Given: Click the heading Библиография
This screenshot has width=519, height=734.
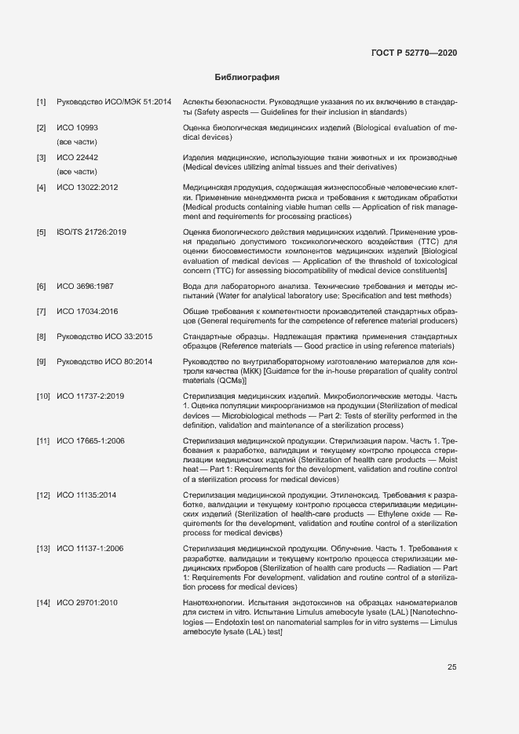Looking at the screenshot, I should (247, 78).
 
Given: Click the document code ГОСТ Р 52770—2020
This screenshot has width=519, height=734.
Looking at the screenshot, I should (414, 52).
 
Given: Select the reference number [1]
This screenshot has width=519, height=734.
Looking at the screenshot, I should (42, 103).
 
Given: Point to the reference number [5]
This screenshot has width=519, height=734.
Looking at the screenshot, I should (42, 232).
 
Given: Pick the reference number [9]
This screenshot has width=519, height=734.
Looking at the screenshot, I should (42, 361).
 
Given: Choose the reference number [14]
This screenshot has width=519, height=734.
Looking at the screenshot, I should (43, 602).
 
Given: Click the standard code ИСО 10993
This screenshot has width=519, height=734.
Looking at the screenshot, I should (77, 127).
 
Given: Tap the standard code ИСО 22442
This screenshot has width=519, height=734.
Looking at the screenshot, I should (77, 157).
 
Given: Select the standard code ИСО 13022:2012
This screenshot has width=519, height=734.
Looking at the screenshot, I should (87, 187).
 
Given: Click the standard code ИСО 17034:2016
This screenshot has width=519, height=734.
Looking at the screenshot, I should (87, 312).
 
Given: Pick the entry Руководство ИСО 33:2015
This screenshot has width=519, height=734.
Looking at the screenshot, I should (104, 336).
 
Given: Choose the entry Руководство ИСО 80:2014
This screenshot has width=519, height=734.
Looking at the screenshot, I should (104, 361).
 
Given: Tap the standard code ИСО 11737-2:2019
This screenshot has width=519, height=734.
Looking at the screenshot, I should (90, 396).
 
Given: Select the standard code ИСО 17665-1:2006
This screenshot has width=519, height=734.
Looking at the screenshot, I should (90, 440).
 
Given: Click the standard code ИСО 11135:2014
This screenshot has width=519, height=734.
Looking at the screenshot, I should (87, 495).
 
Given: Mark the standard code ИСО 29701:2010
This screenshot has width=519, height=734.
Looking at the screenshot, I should (87, 602).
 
